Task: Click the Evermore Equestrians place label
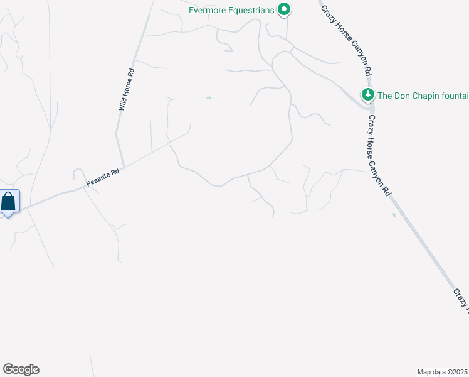coord(232,10)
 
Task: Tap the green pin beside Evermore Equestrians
coord(284,9)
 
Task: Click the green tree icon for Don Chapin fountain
coord(367,95)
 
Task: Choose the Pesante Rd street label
coord(102,177)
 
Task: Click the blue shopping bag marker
coord(9,202)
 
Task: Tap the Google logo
coord(21,369)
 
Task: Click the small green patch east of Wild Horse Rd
coord(209,97)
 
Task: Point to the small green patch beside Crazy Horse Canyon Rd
coord(393,215)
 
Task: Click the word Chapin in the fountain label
coord(418,96)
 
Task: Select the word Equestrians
coord(251,10)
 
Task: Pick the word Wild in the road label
coord(122,104)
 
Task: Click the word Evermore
coord(207,10)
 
